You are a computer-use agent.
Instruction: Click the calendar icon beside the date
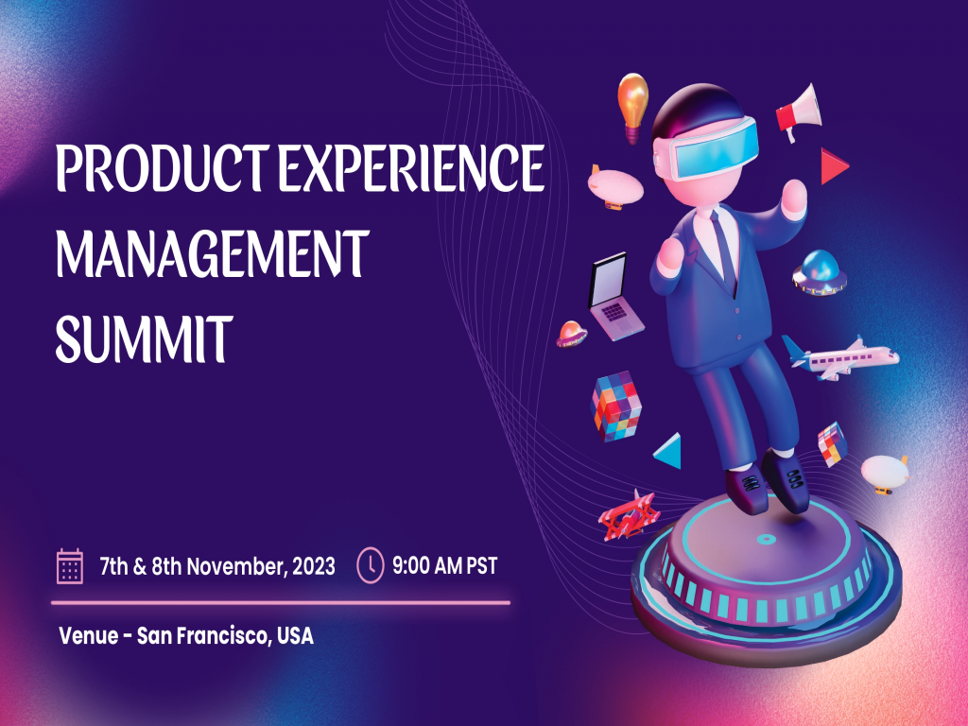point(70,566)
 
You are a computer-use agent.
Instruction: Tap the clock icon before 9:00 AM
point(370,566)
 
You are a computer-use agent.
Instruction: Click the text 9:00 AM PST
point(444,566)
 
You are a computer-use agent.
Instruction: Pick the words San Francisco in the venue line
point(204,635)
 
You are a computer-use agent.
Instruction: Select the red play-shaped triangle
point(833,165)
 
